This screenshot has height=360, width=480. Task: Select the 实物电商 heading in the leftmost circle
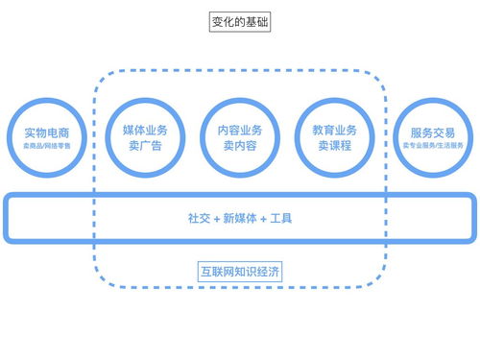[46, 132]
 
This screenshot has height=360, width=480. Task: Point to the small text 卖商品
[32, 146]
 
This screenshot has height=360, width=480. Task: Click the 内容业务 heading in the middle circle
[239, 130]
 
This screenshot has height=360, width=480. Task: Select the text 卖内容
[239, 146]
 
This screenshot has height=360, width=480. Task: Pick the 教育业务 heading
[335, 130]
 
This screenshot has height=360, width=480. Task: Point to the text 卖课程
[335, 146]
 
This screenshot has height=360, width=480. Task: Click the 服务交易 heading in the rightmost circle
[433, 132]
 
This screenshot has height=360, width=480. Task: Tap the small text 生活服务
[451, 146]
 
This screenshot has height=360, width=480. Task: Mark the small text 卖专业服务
[420, 146]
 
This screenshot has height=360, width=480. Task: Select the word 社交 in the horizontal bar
[198, 219]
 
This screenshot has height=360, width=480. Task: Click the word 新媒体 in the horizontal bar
[239, 219]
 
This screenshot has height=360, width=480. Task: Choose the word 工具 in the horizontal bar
[281, 219]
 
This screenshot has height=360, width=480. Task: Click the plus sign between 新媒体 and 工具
[263, 219]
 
